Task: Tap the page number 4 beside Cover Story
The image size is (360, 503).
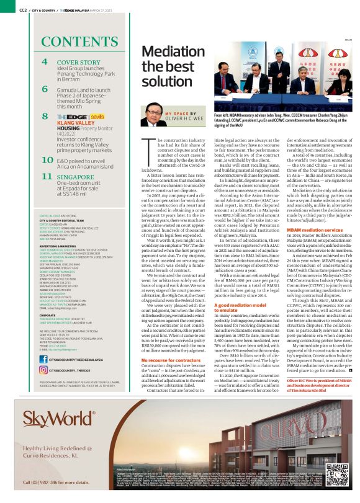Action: coord(45,63)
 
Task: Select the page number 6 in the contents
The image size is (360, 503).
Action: coord(45,89)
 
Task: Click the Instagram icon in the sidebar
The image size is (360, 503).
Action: coord(45,370)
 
